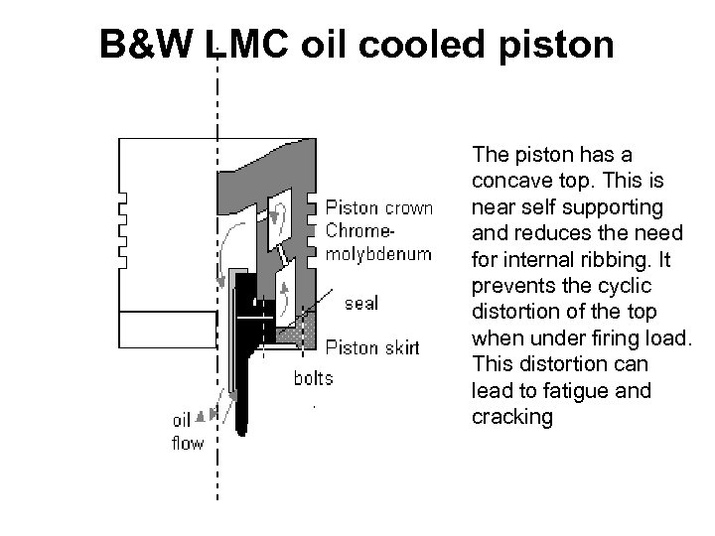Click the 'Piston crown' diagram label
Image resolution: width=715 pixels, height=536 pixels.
[x=379, y=208]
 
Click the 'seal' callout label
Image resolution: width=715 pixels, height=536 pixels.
[x=361, y=303]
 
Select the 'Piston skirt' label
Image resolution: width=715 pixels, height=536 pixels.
[x=373, y=347]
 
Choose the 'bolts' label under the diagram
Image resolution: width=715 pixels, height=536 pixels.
[x=313, y=378]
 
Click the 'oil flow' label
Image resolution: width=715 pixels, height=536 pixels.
[x=188, y=433]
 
